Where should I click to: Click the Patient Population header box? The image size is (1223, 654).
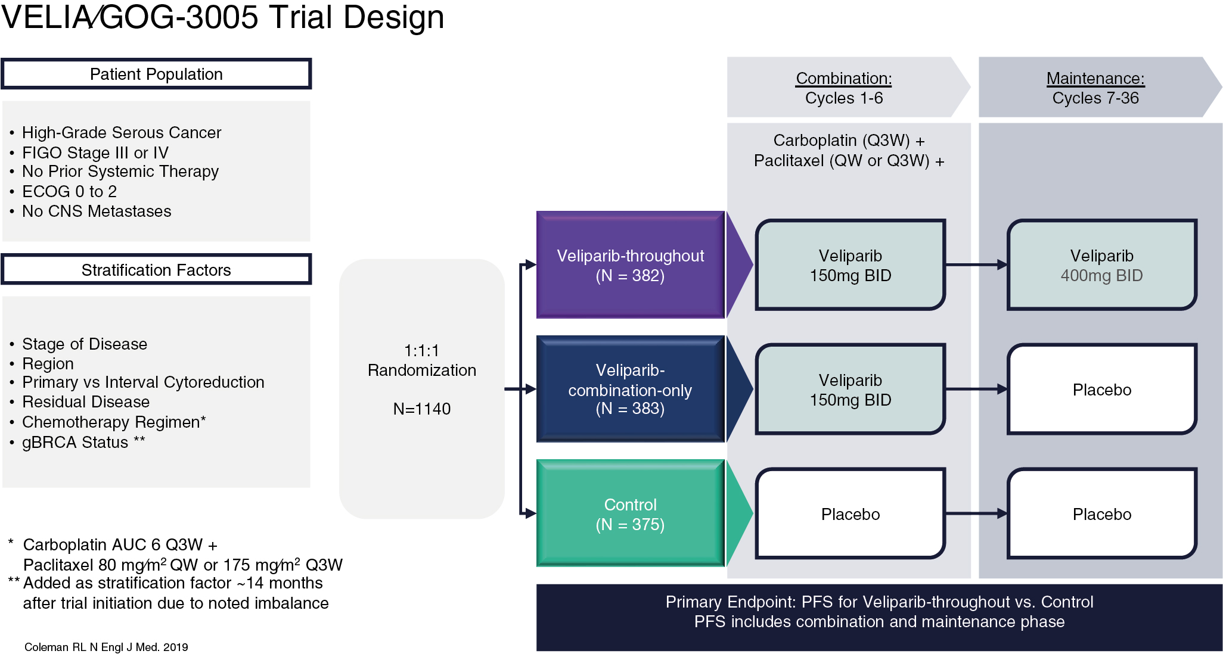coord(156,74)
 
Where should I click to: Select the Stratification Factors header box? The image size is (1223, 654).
coord(156,270)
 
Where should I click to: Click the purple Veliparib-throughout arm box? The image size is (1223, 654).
coord(630,265)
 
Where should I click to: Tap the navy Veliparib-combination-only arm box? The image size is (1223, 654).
coord(630,389)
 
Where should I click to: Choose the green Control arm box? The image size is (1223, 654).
coord(630,513)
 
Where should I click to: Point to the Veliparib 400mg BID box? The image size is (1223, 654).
coord(1101,265)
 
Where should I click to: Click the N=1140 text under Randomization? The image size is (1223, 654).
coord(421,409)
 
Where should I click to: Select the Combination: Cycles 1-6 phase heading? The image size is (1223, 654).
coord(843,88)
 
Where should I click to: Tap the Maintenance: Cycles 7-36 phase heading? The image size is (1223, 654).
coord(1095,88)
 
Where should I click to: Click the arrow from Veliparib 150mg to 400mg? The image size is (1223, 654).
coord(976,265)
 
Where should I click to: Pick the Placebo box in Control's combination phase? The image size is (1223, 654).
coord(850,513)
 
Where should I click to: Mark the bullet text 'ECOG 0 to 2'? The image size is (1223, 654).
coord(69,191)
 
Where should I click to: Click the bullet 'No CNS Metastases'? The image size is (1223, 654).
coord(97,211)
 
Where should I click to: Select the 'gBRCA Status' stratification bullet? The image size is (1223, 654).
coord(75,442)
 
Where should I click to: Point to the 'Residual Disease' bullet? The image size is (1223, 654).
coord(86,401)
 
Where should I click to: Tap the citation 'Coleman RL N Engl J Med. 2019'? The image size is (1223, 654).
coord(106,647)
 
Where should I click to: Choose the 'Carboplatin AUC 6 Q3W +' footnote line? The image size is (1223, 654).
coord(120,544)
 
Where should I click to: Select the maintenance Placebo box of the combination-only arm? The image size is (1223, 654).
coord(1101,389)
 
